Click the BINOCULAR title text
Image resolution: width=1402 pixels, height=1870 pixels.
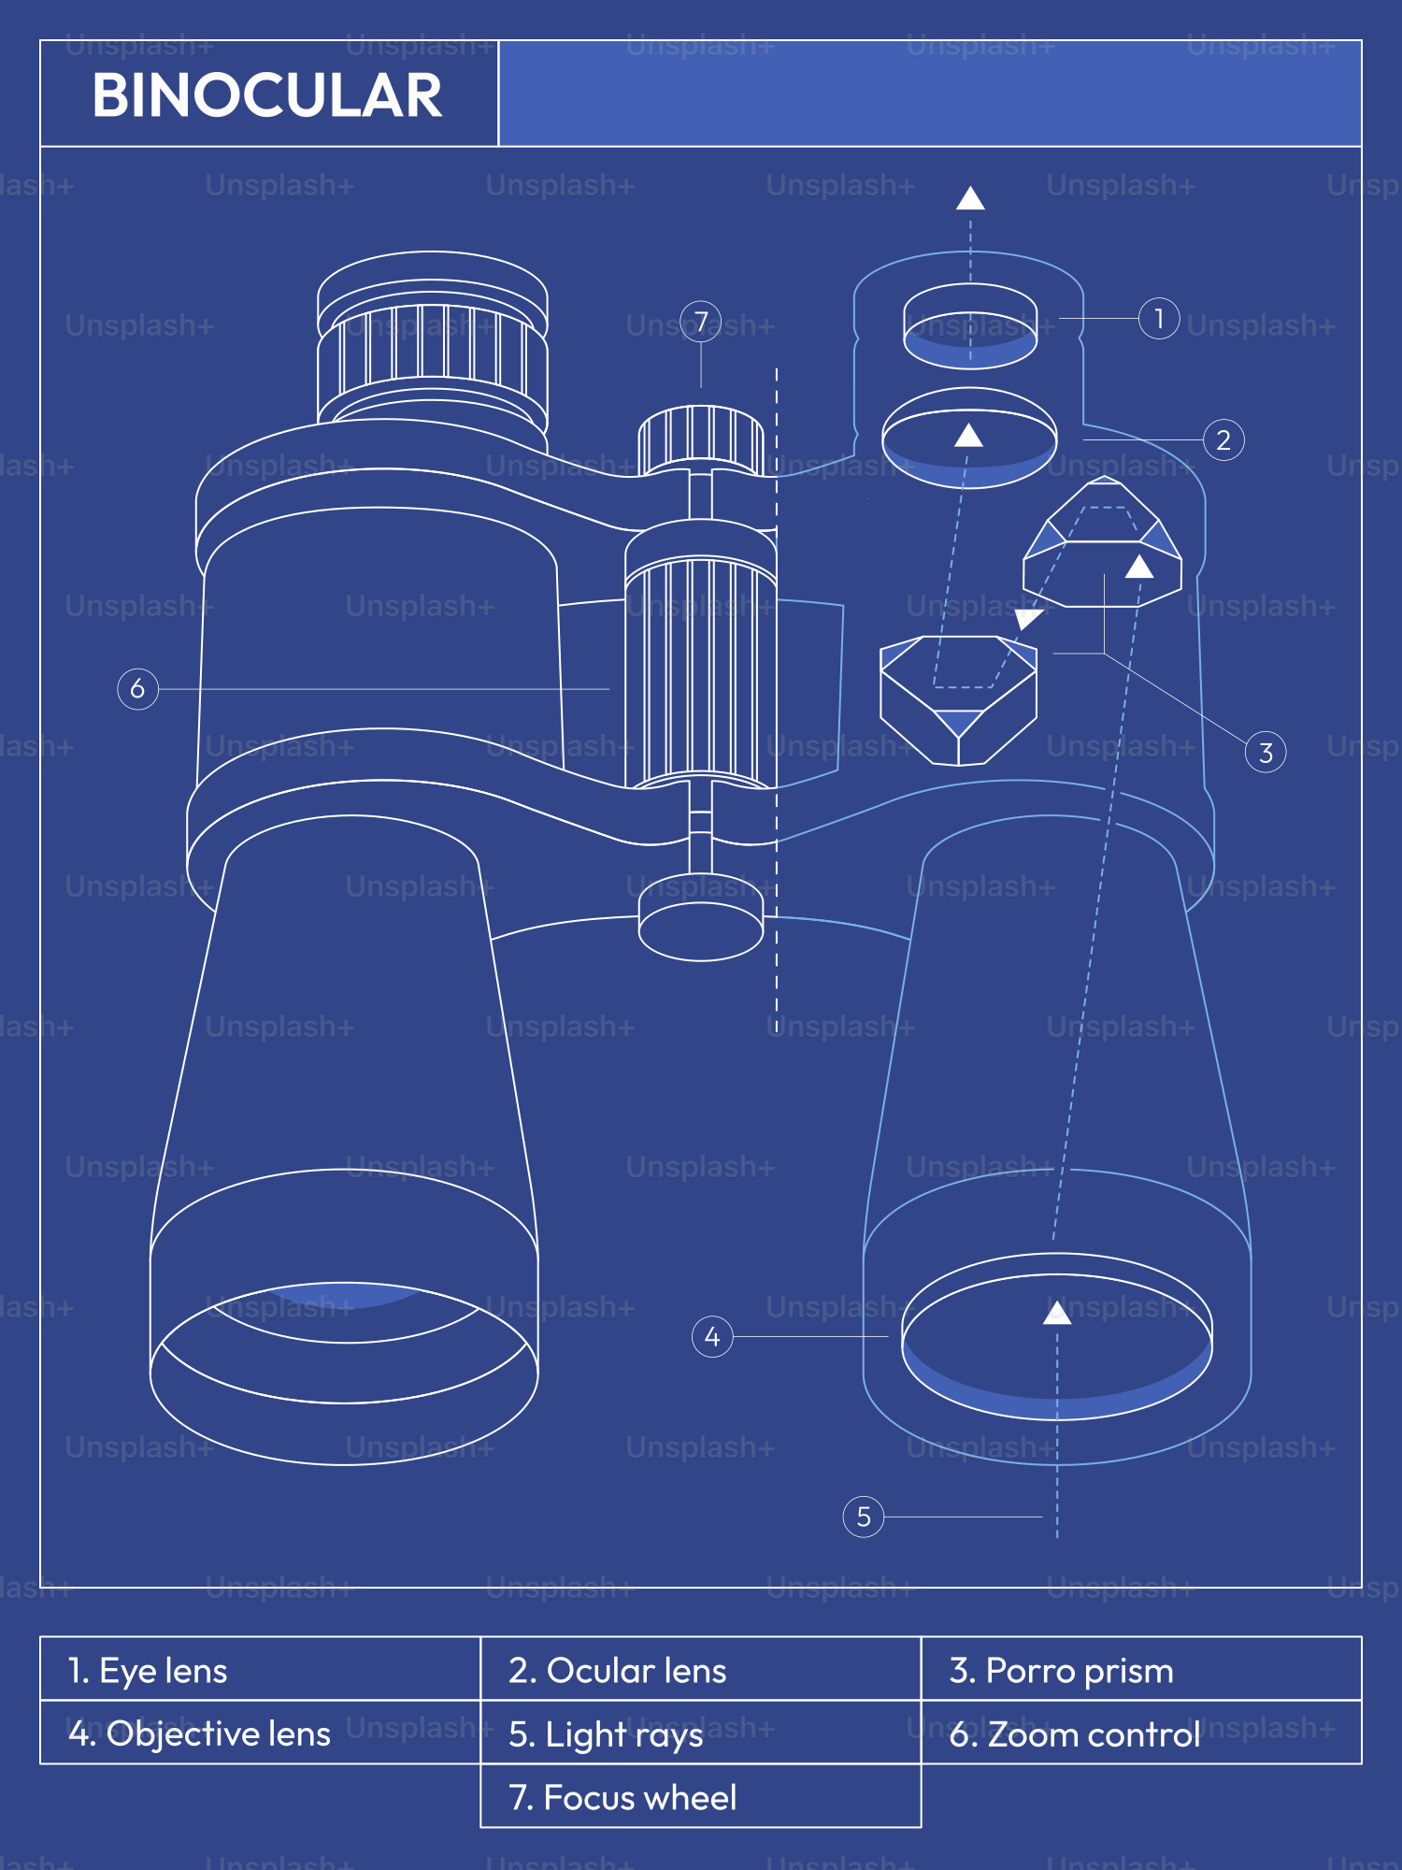click(266, 95)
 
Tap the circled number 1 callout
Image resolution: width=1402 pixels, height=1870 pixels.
click(1159, 319)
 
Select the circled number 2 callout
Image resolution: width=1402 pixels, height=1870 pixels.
click(1223, 440)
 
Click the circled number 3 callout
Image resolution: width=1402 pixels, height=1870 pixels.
click(1266, 753)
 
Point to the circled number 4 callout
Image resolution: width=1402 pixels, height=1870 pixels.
click(712, 1337)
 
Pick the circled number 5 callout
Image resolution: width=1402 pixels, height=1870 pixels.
click(864, 1517)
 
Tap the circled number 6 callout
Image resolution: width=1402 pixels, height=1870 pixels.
click(137, 689)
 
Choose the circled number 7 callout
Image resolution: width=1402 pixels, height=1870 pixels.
click(701, 322)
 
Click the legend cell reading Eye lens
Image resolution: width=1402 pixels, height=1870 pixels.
click(260, 1670)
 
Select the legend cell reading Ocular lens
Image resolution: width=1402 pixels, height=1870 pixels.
click(701, 1670)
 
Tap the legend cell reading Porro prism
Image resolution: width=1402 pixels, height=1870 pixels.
click(1140, 1670)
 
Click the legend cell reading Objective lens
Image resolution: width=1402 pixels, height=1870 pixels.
click(260, 1733)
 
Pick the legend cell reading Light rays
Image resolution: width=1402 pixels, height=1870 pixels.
click(701, 1733)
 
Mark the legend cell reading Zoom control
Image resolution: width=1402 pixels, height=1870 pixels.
click(1140, 1733)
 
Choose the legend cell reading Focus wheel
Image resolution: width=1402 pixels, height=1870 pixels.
click(701, 1797)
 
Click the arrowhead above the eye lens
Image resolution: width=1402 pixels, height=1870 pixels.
click(970, 198)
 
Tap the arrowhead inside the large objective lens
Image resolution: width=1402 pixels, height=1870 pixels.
click(1057, 1314)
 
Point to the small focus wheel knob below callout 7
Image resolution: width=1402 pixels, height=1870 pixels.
click(701, 439)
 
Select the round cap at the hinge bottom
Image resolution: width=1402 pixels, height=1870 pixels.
click(701, 928)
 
